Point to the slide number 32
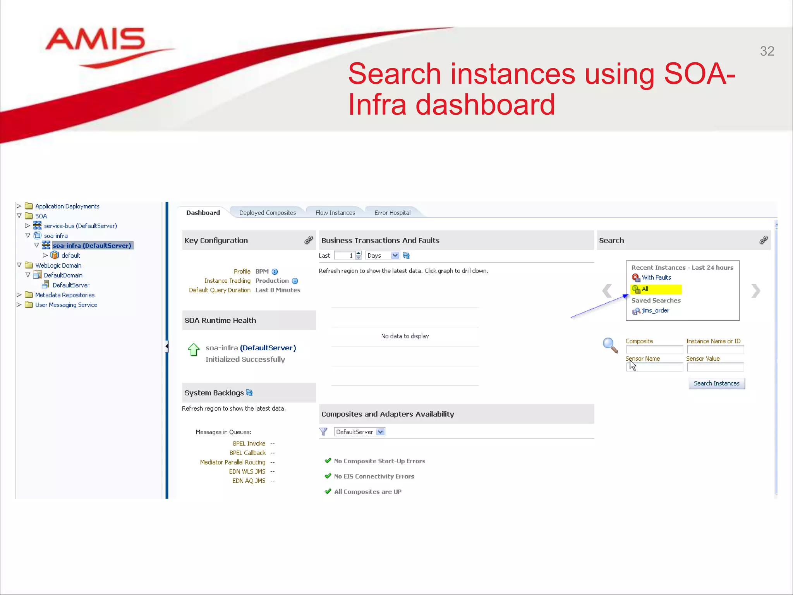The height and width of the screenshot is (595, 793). [x=767, y=51]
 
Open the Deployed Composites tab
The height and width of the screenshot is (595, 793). [x=267, y=213]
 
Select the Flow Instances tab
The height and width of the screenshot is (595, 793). [x=335, y=213]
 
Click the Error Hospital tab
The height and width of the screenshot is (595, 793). [x=392, y=213]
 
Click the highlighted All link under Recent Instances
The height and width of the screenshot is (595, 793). [x=645, y=289]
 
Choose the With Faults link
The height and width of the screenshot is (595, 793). [x=656, y=277]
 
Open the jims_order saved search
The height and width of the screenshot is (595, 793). [x=655, y=310]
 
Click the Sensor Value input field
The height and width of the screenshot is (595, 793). [x=715, y=367]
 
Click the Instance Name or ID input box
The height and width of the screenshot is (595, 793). [x=715, y=349]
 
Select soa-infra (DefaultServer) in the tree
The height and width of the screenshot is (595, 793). [x=92, y=246]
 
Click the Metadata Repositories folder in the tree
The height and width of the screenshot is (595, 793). [x=65, y=295]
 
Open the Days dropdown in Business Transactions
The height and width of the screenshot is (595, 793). [x=395, y=255]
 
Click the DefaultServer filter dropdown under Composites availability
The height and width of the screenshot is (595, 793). [x=380, y=432]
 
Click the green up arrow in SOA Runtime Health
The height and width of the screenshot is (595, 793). [x=194, y=349]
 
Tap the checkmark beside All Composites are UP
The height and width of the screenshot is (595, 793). [x=328, y=491]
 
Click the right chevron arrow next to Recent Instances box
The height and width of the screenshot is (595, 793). [x=755, y=291]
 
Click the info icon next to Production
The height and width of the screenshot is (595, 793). [x=295, y=281]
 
